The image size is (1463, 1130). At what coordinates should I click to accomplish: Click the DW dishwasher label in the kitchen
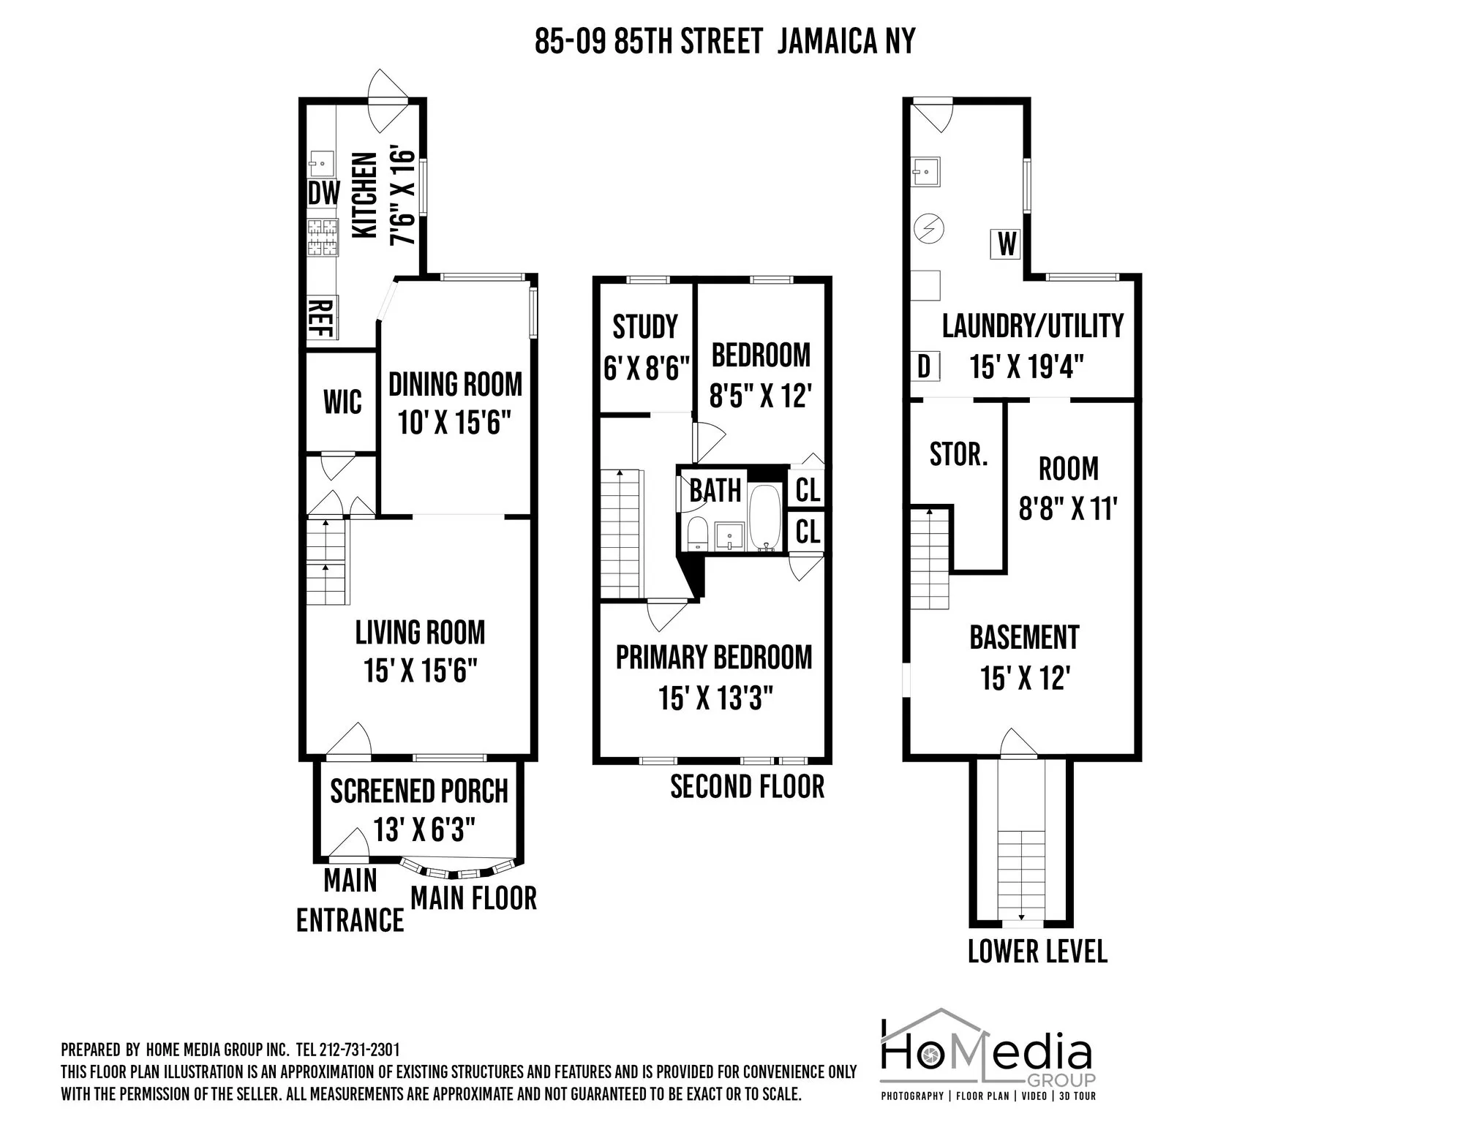[x=323, y=193]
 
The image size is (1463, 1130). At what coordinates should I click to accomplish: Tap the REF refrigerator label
[x=320, y=317]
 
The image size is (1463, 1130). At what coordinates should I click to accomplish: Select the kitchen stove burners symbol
[x=322, y=238]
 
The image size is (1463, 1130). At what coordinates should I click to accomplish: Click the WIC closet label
[x=342, y=402]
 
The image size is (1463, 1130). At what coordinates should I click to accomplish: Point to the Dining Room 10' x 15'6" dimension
[x=454, y=422]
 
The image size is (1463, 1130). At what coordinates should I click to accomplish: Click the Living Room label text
[x=420, y=633]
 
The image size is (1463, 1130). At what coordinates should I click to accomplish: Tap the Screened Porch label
[x=418, y=791]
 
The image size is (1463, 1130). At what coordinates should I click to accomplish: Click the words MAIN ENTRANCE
[x=350, y=900]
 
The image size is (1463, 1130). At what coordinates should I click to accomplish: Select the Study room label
[x=645, y=327]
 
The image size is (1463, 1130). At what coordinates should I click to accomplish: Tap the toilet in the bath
[x=698, y=533]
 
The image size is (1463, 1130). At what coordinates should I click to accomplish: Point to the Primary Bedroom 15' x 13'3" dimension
[x=715, y=698]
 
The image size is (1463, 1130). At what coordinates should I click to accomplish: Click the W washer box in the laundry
[x=1007, y=244]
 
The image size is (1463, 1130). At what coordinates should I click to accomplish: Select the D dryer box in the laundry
[x=925, y=366]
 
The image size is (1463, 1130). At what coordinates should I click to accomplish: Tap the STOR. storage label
[x=958, y=454]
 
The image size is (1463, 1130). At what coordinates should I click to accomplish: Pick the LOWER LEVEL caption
[x=1037, y=951]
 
